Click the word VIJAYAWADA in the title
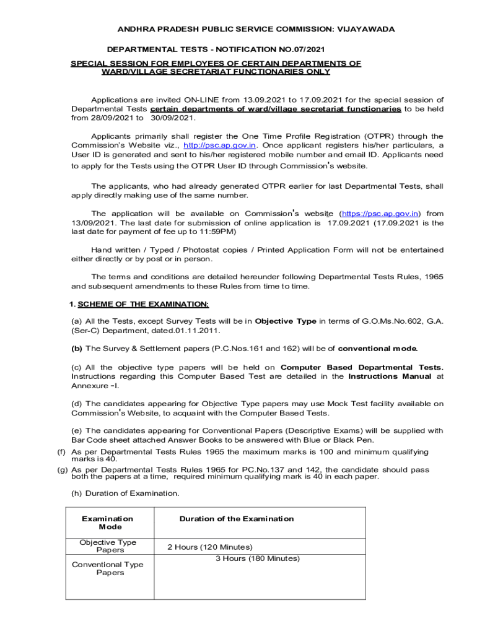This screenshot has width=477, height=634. coord(366,29)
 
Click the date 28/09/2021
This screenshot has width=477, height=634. coord(108,118)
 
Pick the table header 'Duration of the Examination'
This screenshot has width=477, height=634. coord(237,519)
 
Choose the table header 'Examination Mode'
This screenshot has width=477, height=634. coord(107,523)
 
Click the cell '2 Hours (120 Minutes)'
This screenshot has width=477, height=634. coord(209,547)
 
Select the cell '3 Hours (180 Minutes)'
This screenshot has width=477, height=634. coord(257,558)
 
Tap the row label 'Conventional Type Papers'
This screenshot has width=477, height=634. coord(107,568)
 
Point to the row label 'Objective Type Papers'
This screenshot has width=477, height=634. coord(107,546)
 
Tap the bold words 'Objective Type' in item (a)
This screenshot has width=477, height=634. coord(286,321)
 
